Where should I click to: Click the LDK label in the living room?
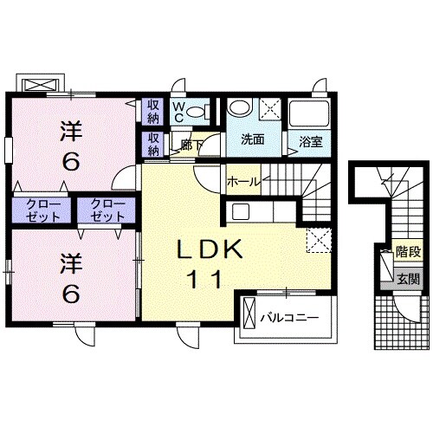point(210,249)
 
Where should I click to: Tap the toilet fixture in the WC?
point(199,111)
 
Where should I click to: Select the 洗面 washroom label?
point(253,139)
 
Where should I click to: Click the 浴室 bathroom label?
point(311,142)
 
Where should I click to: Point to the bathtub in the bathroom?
point(309,113)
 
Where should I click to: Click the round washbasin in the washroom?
point(240,107)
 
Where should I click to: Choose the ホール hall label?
point(243,182)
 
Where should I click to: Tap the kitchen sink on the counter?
point(241,211)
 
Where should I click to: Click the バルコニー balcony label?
point(289,318)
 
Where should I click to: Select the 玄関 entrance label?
point(408,279)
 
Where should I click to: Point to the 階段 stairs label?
point(408,252)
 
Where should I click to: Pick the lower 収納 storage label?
point(153,145)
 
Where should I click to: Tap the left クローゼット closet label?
point(42,210)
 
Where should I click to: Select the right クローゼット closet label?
point(107,210)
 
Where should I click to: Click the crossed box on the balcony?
point(249,313)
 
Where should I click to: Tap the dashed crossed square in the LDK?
point(319,240)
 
